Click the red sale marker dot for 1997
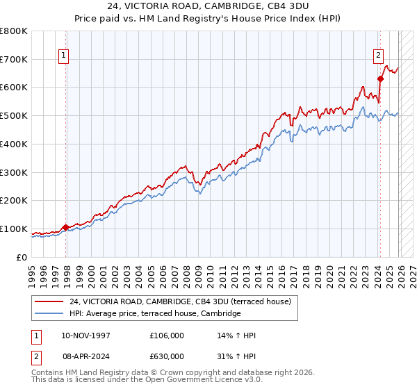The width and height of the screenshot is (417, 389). [x=65, y=227]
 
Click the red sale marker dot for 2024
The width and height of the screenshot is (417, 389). [x=380, y=78]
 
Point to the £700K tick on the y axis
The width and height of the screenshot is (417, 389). [x=15, y=59]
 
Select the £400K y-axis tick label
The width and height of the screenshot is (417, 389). [x=15, y=144]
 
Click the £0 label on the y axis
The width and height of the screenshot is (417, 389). [x=22, y=257]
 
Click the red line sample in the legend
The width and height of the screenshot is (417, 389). [x=49, y=301]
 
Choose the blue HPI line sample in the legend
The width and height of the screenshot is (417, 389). [x=49, y=314]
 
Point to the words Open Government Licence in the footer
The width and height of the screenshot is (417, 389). [x=198, y=380]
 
